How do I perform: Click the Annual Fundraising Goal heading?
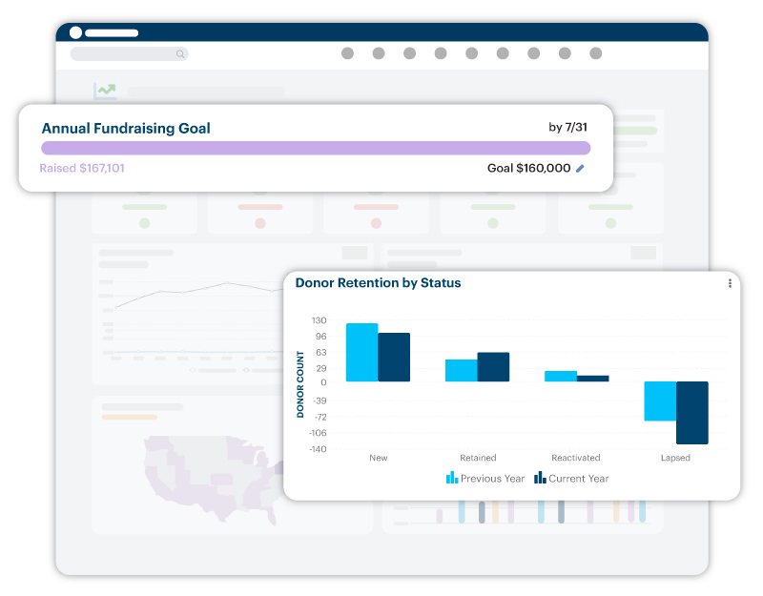126,128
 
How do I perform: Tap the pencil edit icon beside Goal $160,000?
581,169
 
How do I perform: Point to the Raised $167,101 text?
82,169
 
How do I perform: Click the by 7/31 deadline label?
567,127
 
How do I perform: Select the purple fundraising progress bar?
315,148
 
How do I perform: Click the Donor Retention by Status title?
378,282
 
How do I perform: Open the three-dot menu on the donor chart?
730,283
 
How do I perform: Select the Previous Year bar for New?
361,352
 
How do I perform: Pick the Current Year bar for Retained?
493,367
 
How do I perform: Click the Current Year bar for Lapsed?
692,412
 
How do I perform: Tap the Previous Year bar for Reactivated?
561,376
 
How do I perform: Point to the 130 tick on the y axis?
319,320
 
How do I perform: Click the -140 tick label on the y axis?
317,449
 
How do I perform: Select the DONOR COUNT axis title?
300,384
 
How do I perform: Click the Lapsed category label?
675,458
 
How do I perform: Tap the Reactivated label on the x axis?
576,458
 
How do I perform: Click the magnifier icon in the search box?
180,54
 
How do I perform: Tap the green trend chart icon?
105,92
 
